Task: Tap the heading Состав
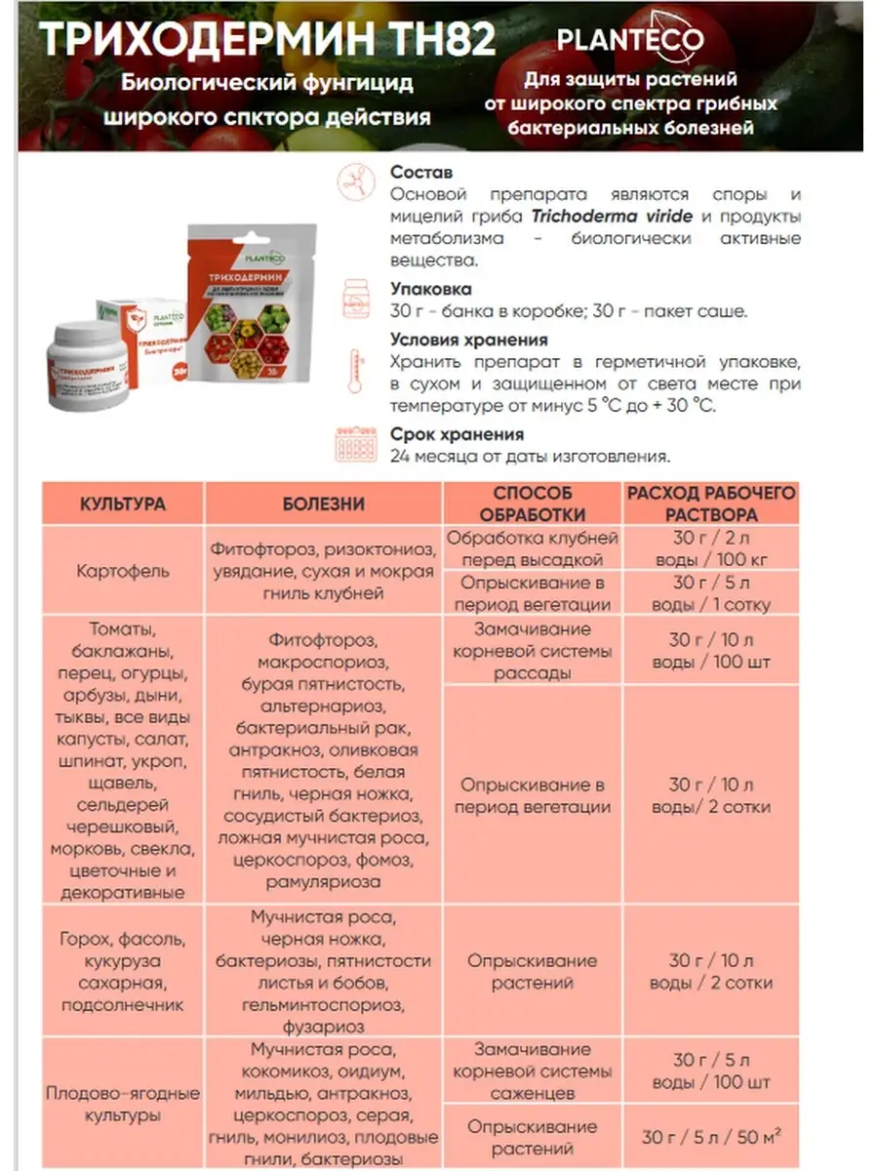420,173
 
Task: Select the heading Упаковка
430,290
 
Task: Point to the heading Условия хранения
468,341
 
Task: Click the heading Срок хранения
456,434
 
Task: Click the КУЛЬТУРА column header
123,505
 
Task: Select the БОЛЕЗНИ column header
324,505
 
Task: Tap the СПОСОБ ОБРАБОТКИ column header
533,504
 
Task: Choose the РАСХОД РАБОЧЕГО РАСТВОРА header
712,504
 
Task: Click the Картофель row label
123,571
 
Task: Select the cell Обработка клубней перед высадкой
533,548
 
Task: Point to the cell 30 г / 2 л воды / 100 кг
712,548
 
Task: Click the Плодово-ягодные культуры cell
123,1104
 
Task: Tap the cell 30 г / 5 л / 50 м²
712,1137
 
